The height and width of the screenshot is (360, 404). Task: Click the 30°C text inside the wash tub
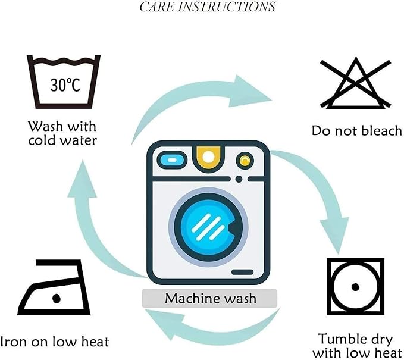tap(65, 85)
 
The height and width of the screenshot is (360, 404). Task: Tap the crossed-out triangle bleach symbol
tap(356, 83)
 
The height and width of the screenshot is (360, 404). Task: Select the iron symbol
tap(54, 287)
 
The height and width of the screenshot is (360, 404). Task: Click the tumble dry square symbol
tap(355, 287)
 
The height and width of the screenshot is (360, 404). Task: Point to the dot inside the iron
tap(56, 298)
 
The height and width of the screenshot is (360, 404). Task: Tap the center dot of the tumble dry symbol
tap(355, 287)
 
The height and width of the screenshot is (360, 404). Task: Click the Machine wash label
tap(211, 298)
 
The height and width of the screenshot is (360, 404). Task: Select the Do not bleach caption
tap(356, 130)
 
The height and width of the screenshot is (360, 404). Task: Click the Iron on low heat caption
tap(55, 342)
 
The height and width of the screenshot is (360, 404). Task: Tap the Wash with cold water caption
tap(62, 133)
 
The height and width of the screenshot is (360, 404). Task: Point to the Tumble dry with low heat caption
tap(357, 346)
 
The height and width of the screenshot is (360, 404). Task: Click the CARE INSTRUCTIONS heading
tap(208, 7)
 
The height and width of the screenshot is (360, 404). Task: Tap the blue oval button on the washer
tap(172, 160)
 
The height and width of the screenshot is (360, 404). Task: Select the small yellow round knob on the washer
tap(245, 161)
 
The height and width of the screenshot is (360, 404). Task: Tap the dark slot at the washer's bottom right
tap(242, 272)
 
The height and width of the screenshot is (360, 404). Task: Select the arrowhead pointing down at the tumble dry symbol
tap(335, 233)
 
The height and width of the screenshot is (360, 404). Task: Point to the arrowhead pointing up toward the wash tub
tap(83, 179)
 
